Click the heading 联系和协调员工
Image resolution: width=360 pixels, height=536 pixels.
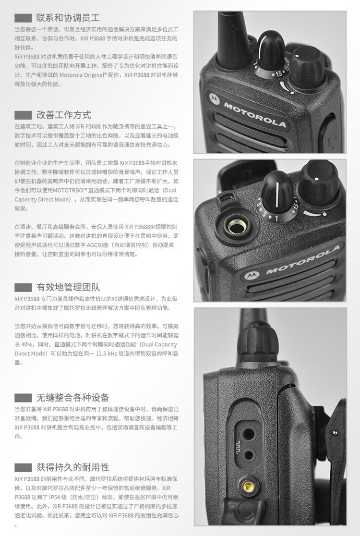coord(68,18)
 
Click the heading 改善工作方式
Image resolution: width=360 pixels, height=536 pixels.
coord(64,115)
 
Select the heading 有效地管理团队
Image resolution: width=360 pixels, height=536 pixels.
coord(68,287)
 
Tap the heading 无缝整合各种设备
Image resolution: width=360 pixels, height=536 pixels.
coord(73,398)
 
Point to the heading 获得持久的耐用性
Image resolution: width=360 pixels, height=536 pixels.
coord(73,467)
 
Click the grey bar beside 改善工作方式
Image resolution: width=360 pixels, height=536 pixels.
coord(23,115)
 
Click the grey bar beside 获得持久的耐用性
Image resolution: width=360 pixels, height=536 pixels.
coord(23,468)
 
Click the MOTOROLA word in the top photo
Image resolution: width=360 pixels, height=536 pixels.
coord(255,114)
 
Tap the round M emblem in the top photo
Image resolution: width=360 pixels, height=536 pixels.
coord(214,98)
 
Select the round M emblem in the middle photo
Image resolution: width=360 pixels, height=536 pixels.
coord(252,275)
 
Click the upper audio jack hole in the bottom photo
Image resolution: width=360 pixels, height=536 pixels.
coord(247,435)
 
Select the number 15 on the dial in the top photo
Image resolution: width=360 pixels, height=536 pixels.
coord(279,73)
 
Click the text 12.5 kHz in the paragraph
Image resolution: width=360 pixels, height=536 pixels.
coord(106,353)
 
